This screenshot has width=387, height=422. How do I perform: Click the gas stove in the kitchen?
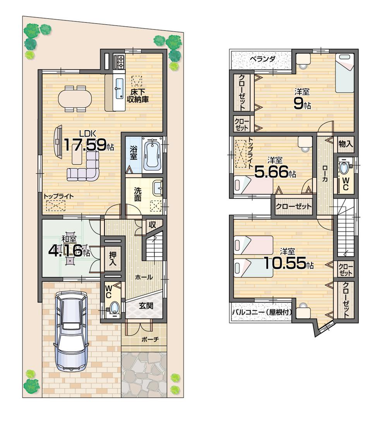tap(119, 62)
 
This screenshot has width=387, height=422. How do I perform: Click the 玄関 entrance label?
tap(146, 306)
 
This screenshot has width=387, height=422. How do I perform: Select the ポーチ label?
tap(148, 340)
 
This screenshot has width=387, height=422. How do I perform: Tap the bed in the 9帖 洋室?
tap(344, 73)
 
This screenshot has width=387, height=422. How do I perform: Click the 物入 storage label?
tap(345, 144)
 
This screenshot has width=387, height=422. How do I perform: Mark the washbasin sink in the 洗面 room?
tap(158, 188)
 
